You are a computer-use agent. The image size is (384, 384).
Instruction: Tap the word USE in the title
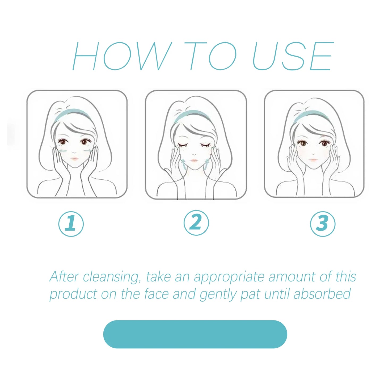click(x=292, y=56)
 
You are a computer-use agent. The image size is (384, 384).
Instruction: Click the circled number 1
click(x=71, y=223)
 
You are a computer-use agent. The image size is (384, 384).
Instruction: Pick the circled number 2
click(x=196, y=223)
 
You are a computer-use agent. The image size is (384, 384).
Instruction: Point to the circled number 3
click(x=323, y=224)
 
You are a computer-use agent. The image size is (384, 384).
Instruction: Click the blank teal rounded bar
click(x=195, y=334)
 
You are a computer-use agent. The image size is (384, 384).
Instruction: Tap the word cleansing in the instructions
click(x=112, y=277)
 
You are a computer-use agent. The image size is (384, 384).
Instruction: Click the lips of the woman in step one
click(x=74, y=159)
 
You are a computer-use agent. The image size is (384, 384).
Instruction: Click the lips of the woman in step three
click(x=313, y=160)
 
